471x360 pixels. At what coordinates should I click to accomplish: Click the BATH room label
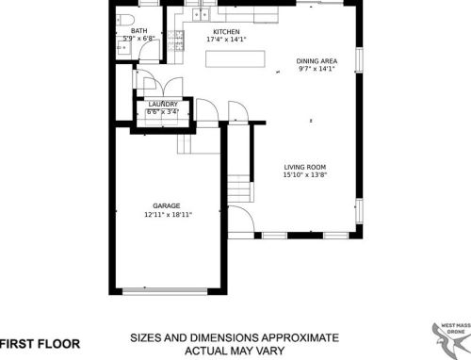[x=139, y=30]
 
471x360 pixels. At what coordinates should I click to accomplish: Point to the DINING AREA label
[x=317, y=60]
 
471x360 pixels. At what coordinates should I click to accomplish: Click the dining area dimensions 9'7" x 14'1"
[x=317, y=69]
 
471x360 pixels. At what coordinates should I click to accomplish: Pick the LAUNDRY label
[x=163, y=104]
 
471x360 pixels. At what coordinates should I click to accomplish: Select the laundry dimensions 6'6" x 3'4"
[x=163, y=112]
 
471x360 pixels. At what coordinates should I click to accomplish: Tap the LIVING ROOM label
[x=311, y=167]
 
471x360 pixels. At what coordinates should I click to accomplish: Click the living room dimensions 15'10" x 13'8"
[x=311, y=175]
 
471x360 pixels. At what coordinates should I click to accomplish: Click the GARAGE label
[x=167, y=205]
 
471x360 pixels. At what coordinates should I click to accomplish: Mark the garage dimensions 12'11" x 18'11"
[x=167, y=214]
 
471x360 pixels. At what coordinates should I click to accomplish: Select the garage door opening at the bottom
[x=167, y=290]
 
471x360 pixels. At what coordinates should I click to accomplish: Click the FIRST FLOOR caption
[x=39, y=343]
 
